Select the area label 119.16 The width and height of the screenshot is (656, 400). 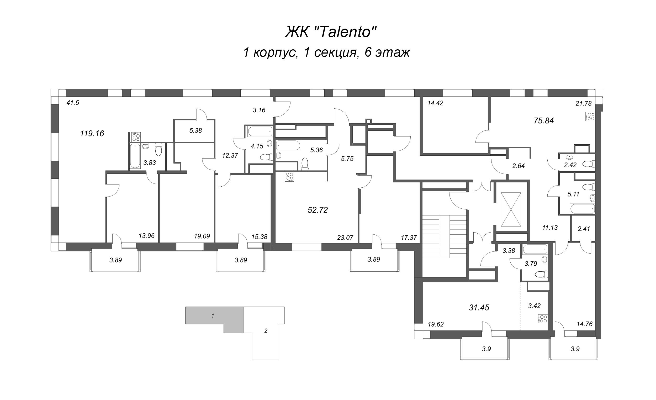point(92,133)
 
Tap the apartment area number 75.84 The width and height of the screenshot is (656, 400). point(544,121)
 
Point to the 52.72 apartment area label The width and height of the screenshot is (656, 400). point(318,210)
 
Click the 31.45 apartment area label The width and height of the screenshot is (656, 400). point(479,308)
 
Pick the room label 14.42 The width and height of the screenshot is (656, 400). point(435,103)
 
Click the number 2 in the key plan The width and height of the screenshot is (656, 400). point(266,331)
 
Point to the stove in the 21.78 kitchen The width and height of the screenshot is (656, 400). point(590,117)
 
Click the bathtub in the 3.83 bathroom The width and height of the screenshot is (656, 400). point(135,156)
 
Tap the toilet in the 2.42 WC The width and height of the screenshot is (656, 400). point(589,164)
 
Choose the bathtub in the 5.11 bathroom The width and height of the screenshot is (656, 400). point(582,208)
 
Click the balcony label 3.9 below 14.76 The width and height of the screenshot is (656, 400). point(575,349)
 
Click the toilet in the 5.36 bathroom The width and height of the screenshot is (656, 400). point(305,164)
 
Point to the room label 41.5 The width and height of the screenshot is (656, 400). point(73,103)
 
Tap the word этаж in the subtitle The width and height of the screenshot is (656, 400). point(393,52)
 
